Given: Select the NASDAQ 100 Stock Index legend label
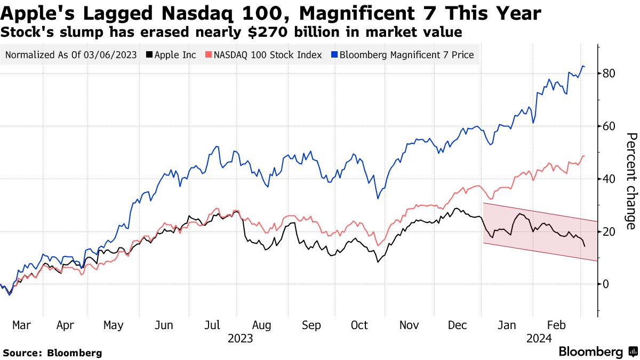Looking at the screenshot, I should (x=265, y=55).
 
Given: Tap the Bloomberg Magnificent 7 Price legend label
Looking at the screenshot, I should (x=406, y=55).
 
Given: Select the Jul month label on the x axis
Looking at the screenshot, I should (x=213, y=325).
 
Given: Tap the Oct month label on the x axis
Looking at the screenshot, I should (x=359, y=325).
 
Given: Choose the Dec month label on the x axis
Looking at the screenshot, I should (x=458, y=325).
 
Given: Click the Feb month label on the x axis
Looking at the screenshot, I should (x=557, y=325).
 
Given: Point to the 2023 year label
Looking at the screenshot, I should (x=240, y=338).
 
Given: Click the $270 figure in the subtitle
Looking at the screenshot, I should (x=259, y=33).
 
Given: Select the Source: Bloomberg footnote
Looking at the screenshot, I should (x=52, y=353).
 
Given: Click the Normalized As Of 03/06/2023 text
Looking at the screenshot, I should (x=71, y=55).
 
